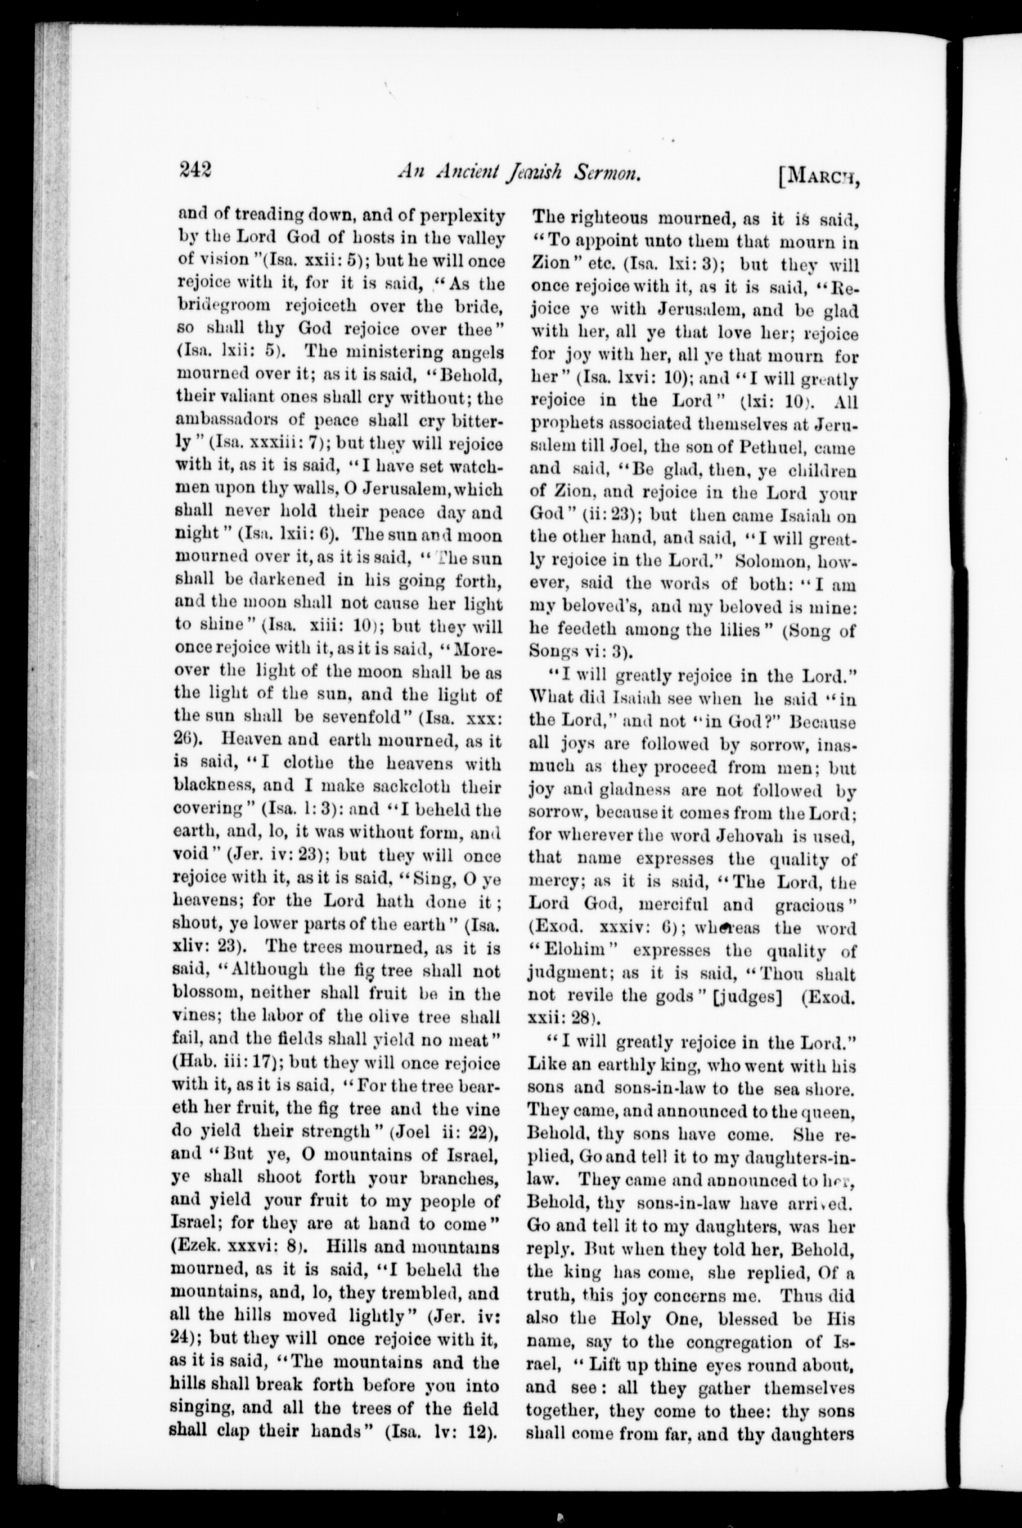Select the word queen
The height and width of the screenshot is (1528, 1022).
point(830,1111)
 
